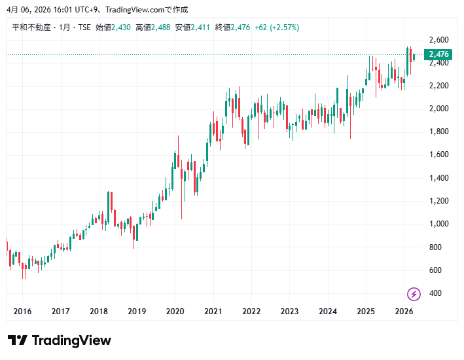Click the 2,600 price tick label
[438, 39]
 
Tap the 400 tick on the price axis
[435, 293]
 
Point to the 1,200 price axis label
[438, 201]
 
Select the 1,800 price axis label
[438, 132]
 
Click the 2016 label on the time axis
[22, 312]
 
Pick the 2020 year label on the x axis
[175, 312]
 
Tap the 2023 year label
[289, 312]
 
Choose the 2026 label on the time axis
[404, 312]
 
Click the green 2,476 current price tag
[438, 54]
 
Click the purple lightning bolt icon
[414, 293]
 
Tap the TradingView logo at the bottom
[60, 340]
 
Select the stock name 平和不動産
[31, 27]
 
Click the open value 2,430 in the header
[121, 27]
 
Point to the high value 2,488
[160, 27]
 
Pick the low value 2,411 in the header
[200, 27]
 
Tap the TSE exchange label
[84, 27]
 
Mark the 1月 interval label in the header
[65, 27]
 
